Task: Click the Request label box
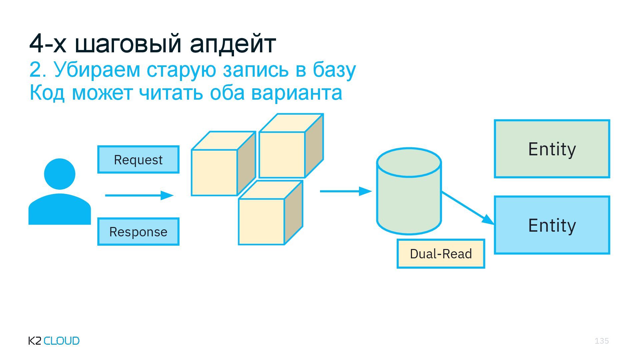tap(138, 160)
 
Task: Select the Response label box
tap(138, 232)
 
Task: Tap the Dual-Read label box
tap(441, 254)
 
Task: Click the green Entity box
tap(552, 149)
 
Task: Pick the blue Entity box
tap(552, 225)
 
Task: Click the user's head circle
tap(60, 174)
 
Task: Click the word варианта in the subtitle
tap(297, 93)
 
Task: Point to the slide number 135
tap(602, 341)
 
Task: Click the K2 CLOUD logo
tap(54, 341)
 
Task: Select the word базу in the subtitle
tap(334, 70)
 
